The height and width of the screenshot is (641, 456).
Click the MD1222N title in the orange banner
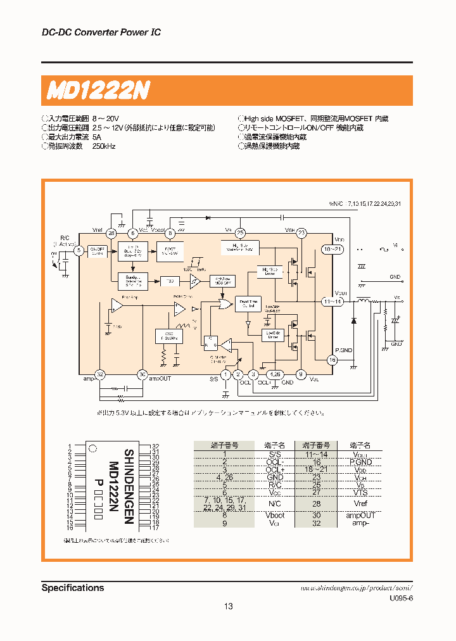pos(98,91)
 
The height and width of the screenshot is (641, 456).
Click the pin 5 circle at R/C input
pos(79,250)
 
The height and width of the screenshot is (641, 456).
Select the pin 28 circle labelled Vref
pos(111,233)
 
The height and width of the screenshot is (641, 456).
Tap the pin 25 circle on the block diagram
pos(240,233)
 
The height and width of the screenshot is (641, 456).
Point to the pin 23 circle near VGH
pos(301,233)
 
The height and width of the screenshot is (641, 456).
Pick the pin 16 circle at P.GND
pos(332,360)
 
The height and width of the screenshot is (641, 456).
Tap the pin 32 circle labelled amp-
pos(99,374)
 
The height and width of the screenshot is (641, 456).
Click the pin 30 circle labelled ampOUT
pos(142,374)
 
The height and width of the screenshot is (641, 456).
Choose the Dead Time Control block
pos(247,304)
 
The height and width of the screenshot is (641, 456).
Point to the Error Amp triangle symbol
pos(117,306)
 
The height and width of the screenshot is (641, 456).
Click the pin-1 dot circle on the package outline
pos(92,449)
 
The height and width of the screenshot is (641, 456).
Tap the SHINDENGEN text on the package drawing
pos(129,486)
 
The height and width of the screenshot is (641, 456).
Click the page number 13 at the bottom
pos(228,606)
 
